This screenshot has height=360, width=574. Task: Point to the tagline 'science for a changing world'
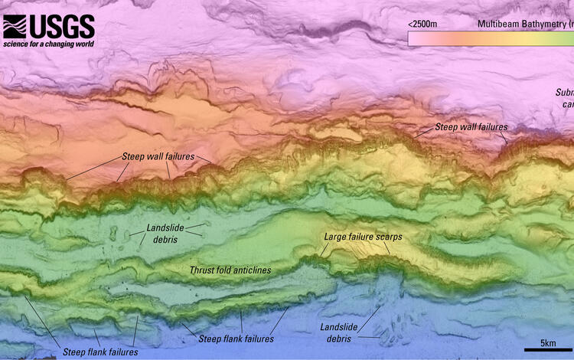tap(48, 44)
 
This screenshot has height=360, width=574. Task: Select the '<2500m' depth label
tap(422, 24)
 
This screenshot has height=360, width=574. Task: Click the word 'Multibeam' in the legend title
tap(498, 24)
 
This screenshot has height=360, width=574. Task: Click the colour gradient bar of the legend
tap(490, 38)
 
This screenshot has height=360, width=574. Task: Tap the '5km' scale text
tap(548, 342)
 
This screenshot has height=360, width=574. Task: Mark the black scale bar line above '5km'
tap(548, 350)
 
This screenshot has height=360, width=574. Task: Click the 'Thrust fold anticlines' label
tap(230, 270)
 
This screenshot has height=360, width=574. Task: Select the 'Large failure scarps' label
tap(363, 237)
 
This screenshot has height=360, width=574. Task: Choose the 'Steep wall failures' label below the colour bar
tap(471, 127)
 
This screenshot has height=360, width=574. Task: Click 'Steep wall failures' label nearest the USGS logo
tap(158, 156)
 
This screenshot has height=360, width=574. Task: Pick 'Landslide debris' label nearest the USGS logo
tap(162, 234)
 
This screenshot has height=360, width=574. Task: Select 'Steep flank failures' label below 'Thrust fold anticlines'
tap(236, 339)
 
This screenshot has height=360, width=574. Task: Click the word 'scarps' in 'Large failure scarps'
tap(389, 237)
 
